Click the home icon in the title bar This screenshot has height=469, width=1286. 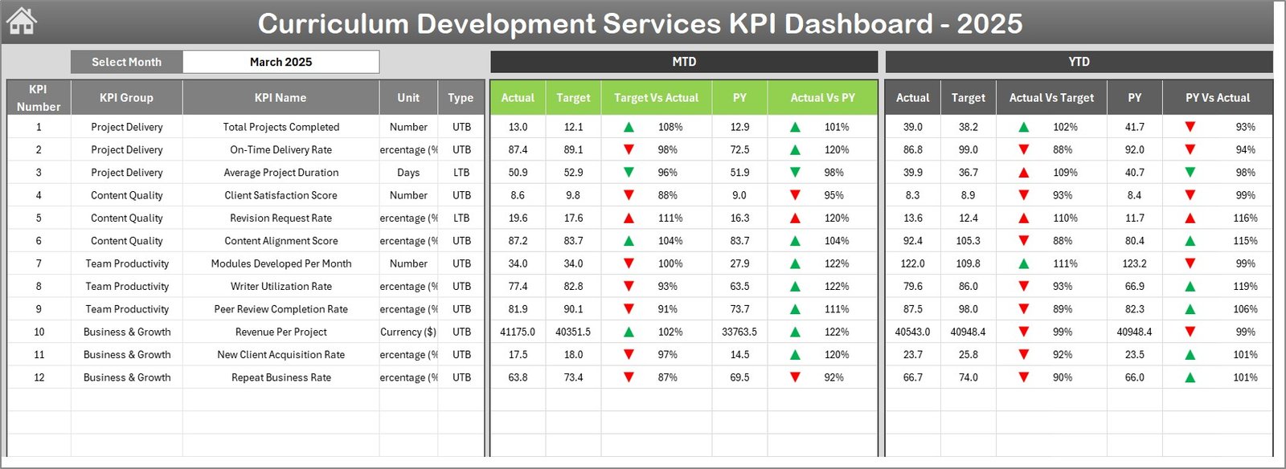point(22,22)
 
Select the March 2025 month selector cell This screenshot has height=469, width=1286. point(281,62)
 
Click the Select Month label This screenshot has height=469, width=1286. point(126,62)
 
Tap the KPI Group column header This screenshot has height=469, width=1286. point(126,98)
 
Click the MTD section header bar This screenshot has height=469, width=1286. point(684,62)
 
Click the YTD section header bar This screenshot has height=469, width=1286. point(1079,62)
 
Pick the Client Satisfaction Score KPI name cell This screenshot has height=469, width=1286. point(281,195)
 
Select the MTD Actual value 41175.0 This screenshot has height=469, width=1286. point(518,332)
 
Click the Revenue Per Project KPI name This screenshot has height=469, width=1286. point(281,332)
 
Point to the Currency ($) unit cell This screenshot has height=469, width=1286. point(408,332)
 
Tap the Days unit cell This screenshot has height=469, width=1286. point(408,173)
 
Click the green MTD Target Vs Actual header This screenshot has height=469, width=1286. point(656,98)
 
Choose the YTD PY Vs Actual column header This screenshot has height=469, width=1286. point(1217,98)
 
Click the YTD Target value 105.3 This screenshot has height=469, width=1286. point(968,241)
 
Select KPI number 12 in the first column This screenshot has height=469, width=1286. point(39,377)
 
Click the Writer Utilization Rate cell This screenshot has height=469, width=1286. point(281,287)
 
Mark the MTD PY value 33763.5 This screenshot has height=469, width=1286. point(739,332)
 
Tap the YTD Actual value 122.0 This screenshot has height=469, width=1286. point(912,263)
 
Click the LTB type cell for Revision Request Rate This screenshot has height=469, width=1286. point(461,218)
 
